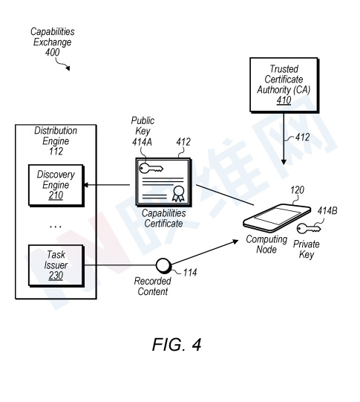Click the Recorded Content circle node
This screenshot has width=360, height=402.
tap(163, 265)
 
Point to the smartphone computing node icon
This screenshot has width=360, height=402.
tap(277, 218)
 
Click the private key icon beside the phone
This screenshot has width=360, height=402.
tap(309, 228)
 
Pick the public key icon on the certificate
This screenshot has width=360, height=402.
tap(151, 168)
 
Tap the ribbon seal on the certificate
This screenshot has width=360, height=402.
tap(178, 193)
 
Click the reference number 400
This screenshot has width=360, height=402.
tap(52, 52)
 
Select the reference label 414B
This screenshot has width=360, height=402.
tap(327, 211)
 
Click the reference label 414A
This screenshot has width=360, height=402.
tap(142, 142)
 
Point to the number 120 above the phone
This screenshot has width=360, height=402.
tap(297, 190)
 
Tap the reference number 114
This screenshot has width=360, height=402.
tap(190, 273)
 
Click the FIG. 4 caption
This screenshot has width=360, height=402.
tap(177, 344)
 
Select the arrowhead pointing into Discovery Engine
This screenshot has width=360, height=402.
tap(86, 185)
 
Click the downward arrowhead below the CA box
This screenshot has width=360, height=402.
tap(284, 162)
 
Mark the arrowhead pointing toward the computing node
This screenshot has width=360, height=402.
tap(235, 241)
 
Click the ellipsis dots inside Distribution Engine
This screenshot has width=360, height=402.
tap(56, 227)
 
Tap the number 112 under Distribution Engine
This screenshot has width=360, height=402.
tap(56, 152)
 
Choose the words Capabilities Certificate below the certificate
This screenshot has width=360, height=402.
tap(163, 218)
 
